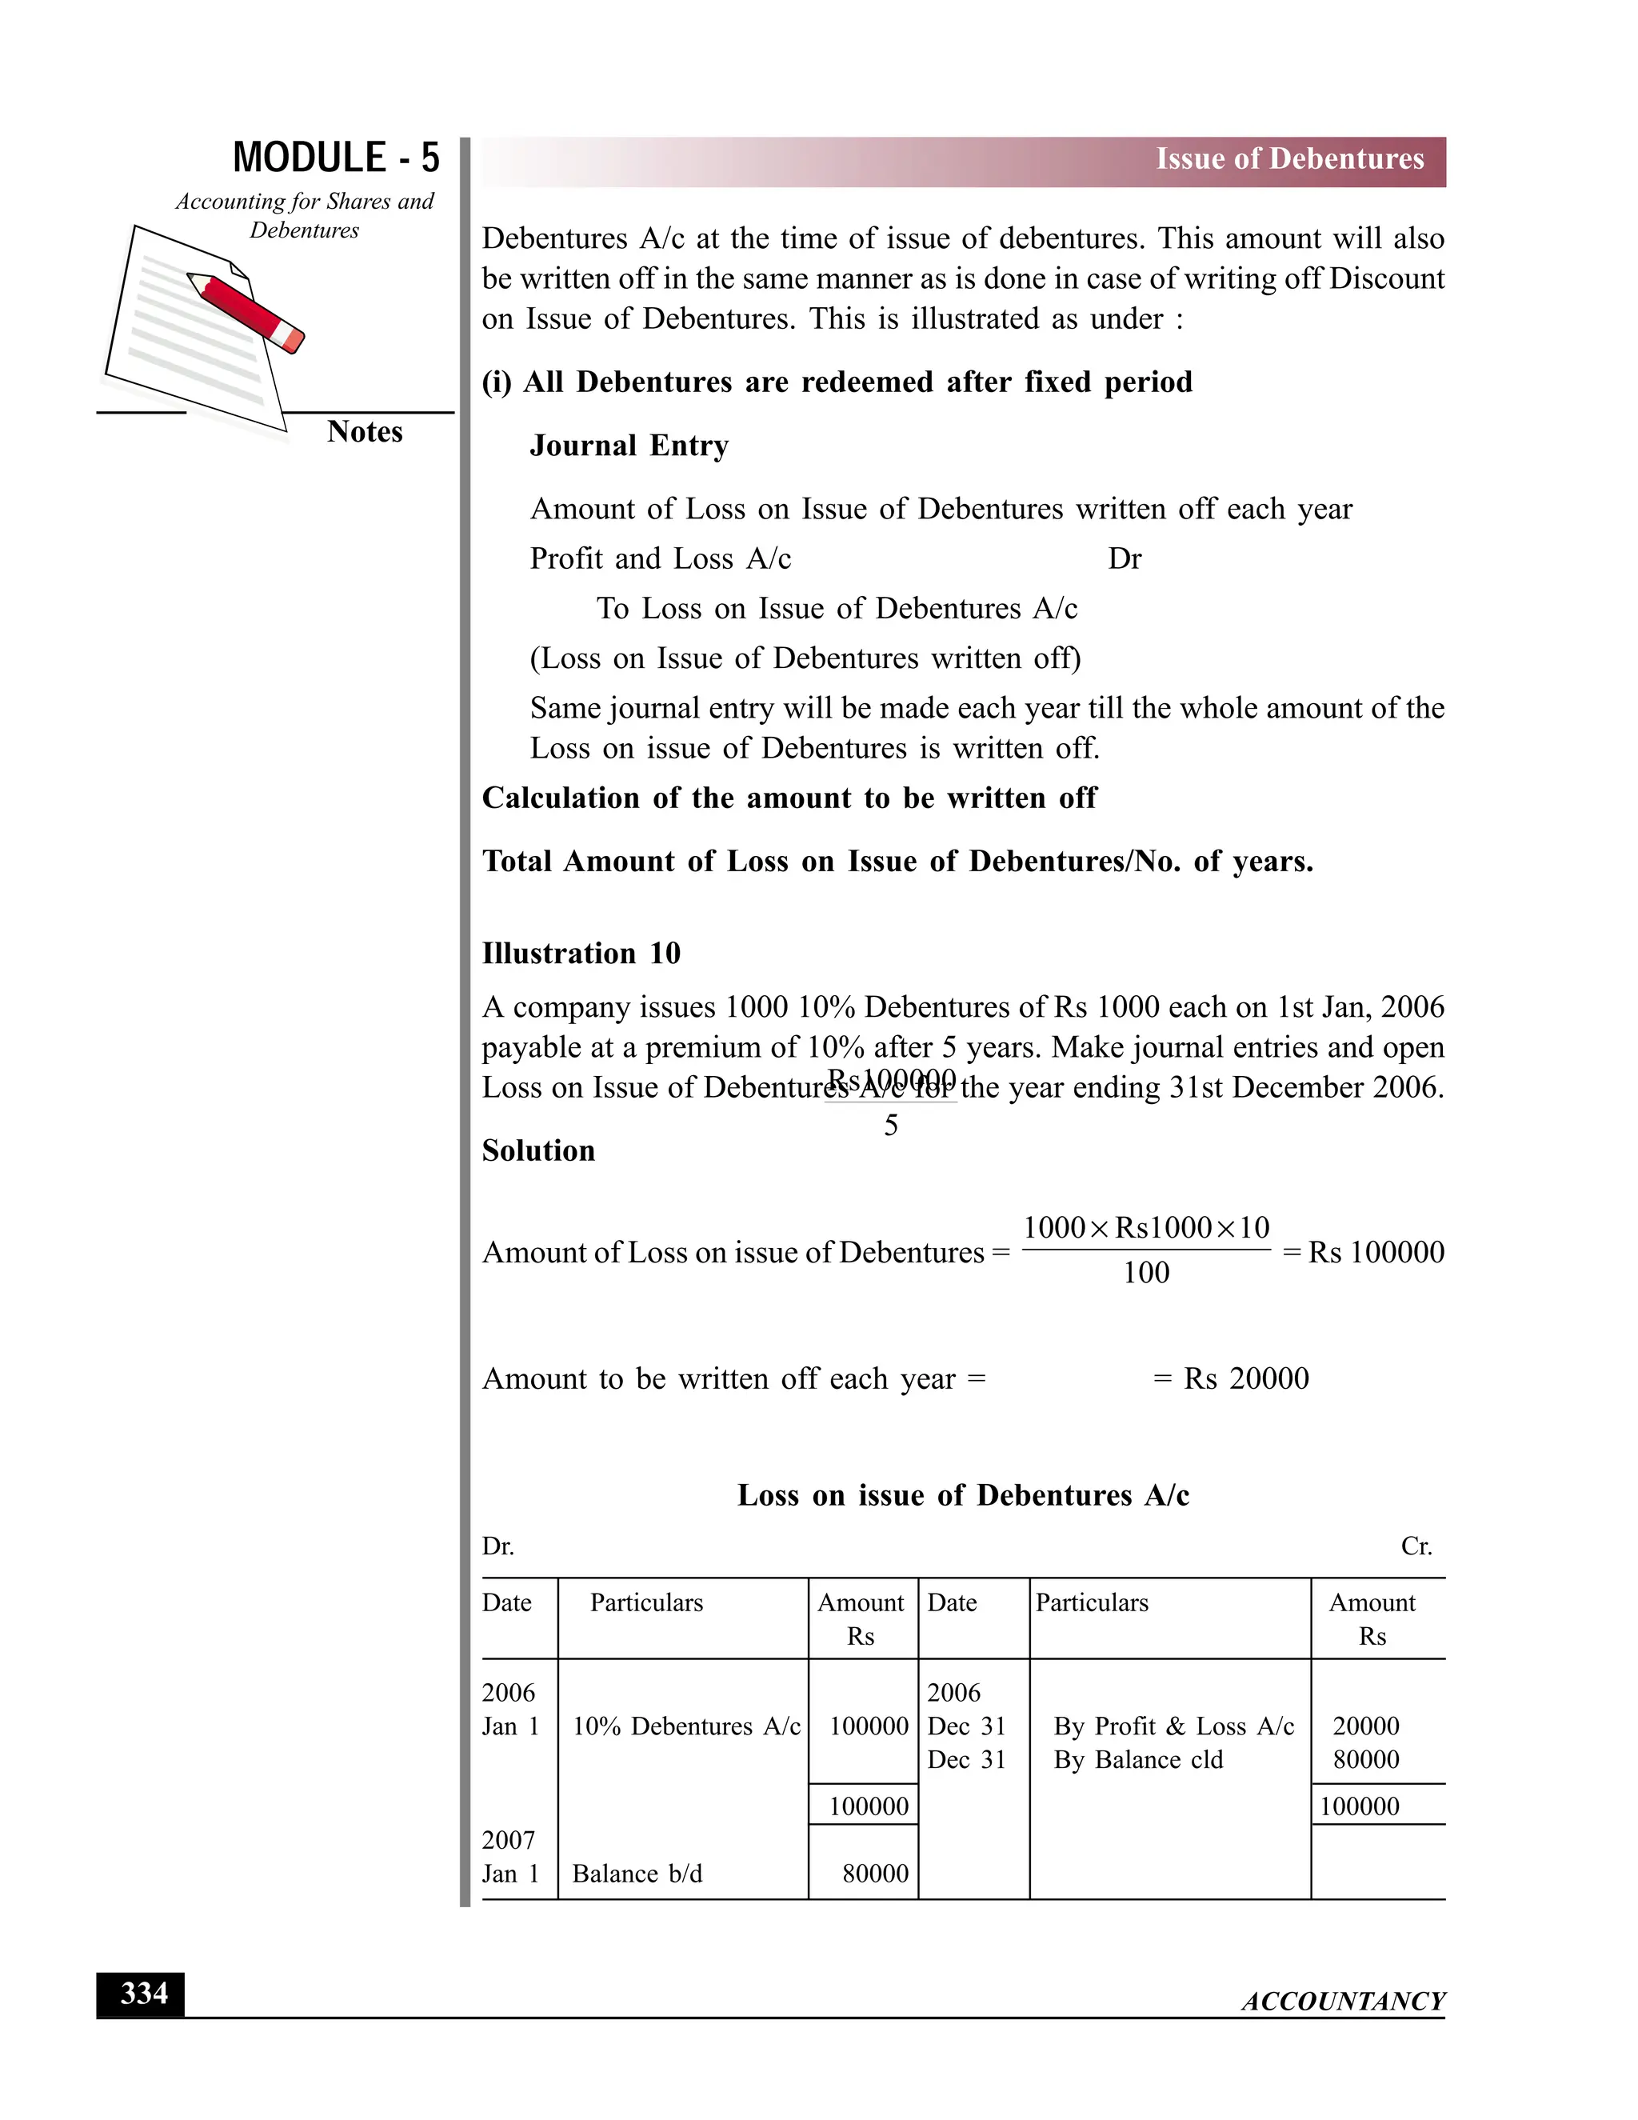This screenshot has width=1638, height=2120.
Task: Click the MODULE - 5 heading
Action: tap(336, 158)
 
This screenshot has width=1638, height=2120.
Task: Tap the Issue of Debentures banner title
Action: tap(1288, 159)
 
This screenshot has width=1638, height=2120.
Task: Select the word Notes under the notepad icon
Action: tap(364, 432)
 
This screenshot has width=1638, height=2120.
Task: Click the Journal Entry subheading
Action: tap(629, 446)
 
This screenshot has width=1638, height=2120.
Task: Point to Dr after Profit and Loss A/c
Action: tap(1124, 559)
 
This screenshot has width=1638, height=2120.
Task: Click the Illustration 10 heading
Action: tap(581, 954)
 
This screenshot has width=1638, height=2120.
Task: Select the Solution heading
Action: tap(538, 1151)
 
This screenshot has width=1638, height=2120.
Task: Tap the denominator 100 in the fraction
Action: tap(1145, 1273)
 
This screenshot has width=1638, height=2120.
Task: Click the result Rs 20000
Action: tap(1246, 1378)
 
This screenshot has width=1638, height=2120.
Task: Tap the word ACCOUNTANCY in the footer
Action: tap(1343, 2001)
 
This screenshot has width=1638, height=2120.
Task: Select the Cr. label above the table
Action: tap(1416, 1546)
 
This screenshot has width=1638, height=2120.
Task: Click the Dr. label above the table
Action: tap(497, 1546)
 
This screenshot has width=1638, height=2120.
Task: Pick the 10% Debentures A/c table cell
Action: tap(685, 1726)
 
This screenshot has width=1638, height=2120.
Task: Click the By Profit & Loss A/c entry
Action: tap(1173, 1726)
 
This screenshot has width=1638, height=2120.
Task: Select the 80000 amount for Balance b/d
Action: tap(874, 1874)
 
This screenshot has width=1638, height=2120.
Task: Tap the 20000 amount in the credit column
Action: tap(1365, 1726)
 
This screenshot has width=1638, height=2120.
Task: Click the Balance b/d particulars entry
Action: tap(637, 1874)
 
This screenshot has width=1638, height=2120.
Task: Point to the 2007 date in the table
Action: tap(509, 1839)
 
